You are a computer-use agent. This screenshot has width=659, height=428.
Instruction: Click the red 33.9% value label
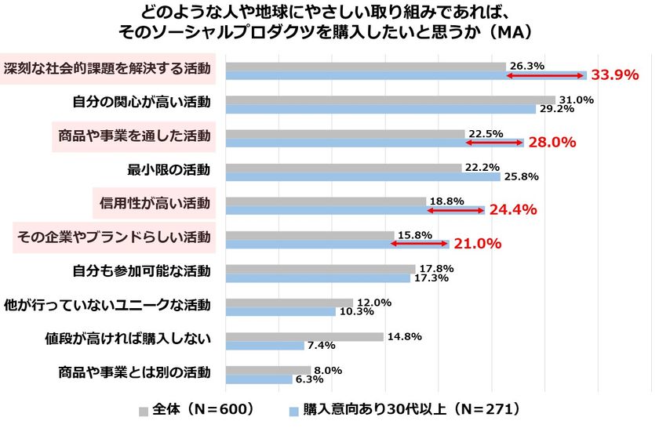click(615, 74)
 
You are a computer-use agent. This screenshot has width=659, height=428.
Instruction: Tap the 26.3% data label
click(527, 66)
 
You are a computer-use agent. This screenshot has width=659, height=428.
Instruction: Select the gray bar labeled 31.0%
click(391, 100)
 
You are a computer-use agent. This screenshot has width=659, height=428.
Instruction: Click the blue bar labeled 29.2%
click(380, 109)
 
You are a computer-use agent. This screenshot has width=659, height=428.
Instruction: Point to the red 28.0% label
click(552, 142)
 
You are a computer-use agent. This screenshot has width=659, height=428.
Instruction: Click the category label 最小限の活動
click(169, 169)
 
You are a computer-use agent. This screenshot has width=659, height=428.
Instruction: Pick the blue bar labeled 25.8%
click(363, 176)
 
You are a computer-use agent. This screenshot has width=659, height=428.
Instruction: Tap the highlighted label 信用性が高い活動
click(155, 203)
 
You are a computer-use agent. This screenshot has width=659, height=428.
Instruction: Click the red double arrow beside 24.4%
click(456, 210)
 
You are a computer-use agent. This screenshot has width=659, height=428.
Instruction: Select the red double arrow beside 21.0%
click(420, 244)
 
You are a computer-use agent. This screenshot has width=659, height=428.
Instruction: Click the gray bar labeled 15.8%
click(310, 235)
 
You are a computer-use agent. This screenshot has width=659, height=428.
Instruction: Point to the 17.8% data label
click(436, 268)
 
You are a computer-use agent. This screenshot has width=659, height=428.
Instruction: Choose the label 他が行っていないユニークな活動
click(107, 305)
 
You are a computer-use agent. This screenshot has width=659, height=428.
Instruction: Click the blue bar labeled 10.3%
click(280, 312)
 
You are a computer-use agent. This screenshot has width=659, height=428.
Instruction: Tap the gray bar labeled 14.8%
click(304, 337)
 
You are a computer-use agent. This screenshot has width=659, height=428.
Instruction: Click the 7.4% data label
click(322, 345)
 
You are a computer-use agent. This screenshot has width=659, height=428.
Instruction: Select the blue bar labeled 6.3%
click(259, 379)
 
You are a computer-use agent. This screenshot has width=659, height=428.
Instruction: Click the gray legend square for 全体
click(144, 412)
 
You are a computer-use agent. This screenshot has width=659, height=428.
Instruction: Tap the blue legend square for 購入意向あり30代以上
click(294, 412)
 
